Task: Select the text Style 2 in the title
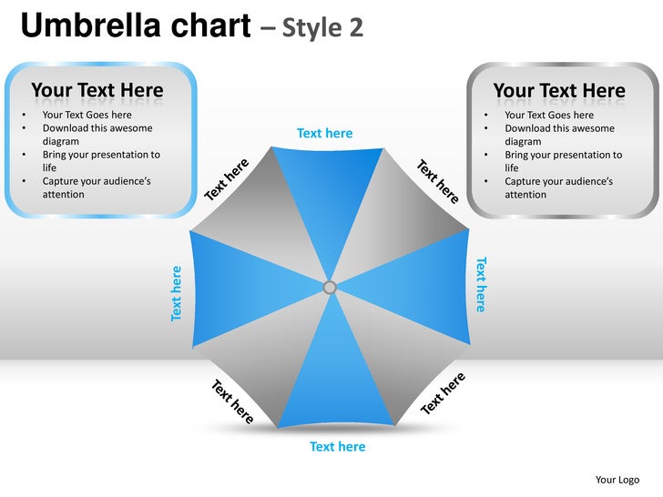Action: (x=322, y=27)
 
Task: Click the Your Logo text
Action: (x=617, y=480)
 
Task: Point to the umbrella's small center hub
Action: (x=330, y=288)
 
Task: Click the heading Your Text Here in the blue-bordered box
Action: (x=97, y=90)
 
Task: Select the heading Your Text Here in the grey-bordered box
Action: (x=559, y=90)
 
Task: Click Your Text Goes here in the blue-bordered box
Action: (x=87, y=115)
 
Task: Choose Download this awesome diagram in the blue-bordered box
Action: (x=97, y=135)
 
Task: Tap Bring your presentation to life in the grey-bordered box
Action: (x=563, y=161)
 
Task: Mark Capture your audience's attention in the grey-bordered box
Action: (x=558, y=188)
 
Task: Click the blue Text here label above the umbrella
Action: (x=324, y=133)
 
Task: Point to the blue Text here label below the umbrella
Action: (x=337, y=446)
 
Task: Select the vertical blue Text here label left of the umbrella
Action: (x=177, y=292)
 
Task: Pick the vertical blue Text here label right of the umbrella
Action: (x=481, y=284)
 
